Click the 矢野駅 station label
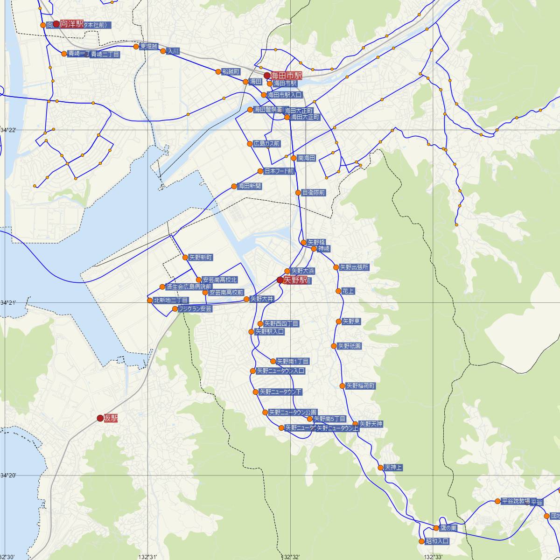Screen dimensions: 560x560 295,280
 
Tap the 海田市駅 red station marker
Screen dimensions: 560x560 267,76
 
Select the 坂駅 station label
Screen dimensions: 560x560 111,419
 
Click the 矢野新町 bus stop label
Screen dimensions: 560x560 201,258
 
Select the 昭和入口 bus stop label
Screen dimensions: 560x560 437,541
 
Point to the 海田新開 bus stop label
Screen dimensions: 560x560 249,186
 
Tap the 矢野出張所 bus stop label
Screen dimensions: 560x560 354,267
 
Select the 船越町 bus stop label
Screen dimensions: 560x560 231,72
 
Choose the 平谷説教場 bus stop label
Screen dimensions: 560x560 515,502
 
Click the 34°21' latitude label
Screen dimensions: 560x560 8,303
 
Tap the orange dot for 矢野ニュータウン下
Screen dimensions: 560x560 255,392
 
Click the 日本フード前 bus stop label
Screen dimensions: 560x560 279,171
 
